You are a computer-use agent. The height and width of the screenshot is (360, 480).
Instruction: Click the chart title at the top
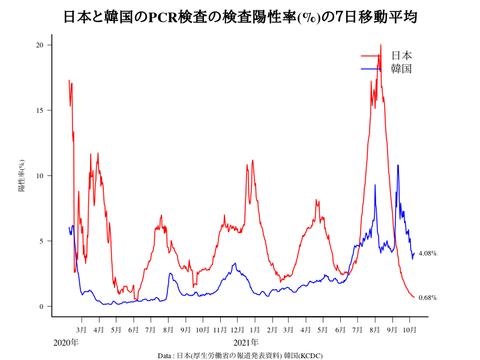tap(240, 17)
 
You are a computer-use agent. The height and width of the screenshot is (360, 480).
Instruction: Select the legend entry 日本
tap(401, 56)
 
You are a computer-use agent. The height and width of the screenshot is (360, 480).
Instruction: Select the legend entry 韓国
tap(401, 69)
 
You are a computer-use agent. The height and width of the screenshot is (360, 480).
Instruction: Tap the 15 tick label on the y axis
tap(40, 110)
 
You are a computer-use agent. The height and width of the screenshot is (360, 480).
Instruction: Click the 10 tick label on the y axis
tap(40, 176)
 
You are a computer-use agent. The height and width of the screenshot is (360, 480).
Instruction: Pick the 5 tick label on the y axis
tap(42, 241)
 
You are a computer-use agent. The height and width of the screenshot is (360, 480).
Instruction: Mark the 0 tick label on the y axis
tap(42, 307)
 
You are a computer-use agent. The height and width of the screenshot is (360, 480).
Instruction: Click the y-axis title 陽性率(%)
tap(22, 175)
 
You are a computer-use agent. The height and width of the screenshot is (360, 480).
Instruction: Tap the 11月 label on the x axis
tap(220, 330)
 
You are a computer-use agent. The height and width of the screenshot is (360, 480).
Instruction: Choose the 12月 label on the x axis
tap(237, 330)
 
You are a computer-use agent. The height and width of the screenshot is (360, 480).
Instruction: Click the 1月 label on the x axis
tap(255, 330)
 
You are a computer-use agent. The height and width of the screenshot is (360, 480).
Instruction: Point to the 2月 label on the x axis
tap(272, 330)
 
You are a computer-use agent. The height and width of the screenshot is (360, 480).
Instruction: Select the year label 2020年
tap(66, 343)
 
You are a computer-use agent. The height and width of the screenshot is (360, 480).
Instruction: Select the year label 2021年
tap(246, 343)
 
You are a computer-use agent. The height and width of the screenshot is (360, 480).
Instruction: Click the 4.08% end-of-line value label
tap(428, 253)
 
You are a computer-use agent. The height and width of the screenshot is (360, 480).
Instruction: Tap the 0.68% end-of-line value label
tap(428, 298)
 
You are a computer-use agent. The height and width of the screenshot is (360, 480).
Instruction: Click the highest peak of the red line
tap(380, 45)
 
